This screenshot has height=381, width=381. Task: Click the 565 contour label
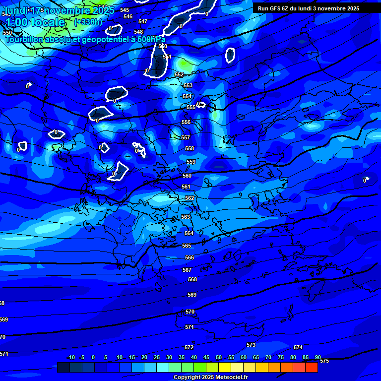(187, 246)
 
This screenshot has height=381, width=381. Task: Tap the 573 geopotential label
(251, 345)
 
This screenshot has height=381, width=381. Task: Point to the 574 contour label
(298, 347)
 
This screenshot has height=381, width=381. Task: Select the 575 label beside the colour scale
(324, 361)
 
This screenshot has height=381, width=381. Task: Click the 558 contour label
(190, 148)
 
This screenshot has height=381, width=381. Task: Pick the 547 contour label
(143, 21)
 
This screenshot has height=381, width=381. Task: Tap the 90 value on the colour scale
(317, 357)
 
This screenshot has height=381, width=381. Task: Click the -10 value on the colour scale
(70, 357)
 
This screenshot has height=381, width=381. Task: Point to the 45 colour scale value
(206, 357)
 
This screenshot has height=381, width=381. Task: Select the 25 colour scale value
(157, 357)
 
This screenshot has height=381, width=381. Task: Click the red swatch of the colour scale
(311, 367)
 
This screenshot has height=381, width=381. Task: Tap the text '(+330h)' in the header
(88, 22)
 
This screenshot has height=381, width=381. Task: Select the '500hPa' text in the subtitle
(151, 39)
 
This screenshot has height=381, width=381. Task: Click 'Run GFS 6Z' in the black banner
(275, 8)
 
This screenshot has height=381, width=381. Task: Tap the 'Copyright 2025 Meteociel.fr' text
(210, 377)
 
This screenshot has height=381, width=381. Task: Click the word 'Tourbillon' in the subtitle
(24, 39)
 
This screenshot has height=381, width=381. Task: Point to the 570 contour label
(190, 312)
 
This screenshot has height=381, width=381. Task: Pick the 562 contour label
(190, 198)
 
